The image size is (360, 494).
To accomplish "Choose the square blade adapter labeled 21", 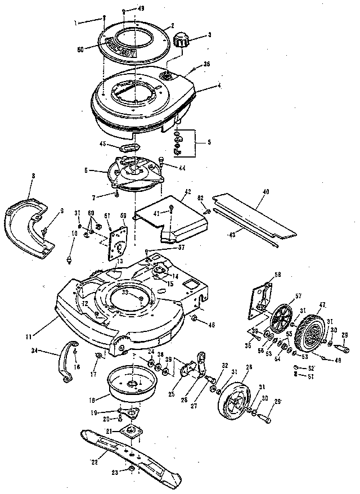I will pyautogui.click(x=133, y=432).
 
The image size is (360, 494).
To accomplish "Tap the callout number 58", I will pyautogui.click(x=277, y=275).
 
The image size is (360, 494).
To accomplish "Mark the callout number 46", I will pyautogui.click(x=212, y=325).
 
